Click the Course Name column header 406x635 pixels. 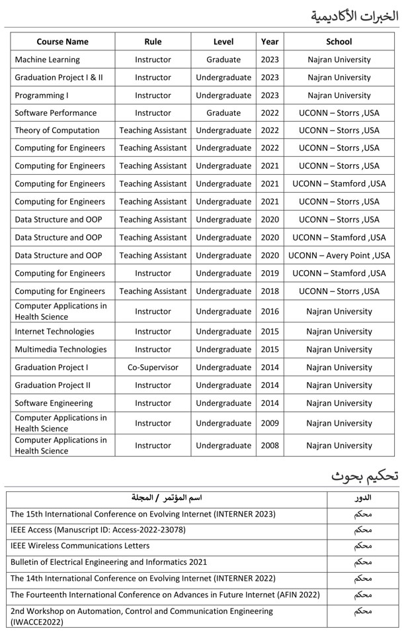(62, 41)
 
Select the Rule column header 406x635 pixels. (153, 41)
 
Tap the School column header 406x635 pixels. (339, 41)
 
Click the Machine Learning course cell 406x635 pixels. (47, 60)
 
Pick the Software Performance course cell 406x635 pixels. (56, 113)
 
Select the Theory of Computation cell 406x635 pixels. (57, 130)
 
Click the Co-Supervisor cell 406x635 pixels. (153, 367)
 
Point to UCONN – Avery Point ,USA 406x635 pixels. (339, 255)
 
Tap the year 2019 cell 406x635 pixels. (270, 273)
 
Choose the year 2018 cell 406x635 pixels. (270, 291)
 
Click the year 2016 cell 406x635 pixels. (270, 311)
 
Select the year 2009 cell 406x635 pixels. (270, 423)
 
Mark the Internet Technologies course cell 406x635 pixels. (54, 331)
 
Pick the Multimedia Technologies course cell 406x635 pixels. (60, 349)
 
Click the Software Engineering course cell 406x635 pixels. (54, 403)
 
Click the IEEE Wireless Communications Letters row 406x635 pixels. (80, 546)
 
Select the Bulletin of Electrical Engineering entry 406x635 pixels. (108, 562)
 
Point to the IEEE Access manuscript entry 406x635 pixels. (98, 530)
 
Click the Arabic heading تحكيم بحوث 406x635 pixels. (364, 476)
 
